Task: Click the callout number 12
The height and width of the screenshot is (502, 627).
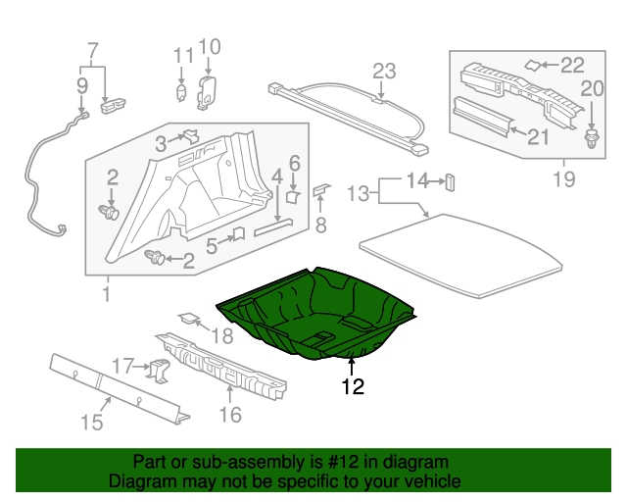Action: click(352, 387)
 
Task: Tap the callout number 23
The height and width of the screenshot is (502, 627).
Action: click(383, 71)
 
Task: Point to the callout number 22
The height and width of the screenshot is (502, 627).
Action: click(570, 65)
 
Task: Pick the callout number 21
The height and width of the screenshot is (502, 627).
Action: click(537, 137)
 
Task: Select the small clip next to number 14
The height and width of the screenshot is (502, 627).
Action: click(452, 180)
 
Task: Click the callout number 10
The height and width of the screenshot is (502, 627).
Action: click(210, 46)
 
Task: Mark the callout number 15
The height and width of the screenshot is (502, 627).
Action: click(91, 423)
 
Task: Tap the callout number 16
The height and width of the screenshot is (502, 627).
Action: click(231, 415)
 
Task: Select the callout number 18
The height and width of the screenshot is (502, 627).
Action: click(222, 336)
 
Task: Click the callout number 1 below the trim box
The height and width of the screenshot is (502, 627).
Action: click(104, 293)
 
